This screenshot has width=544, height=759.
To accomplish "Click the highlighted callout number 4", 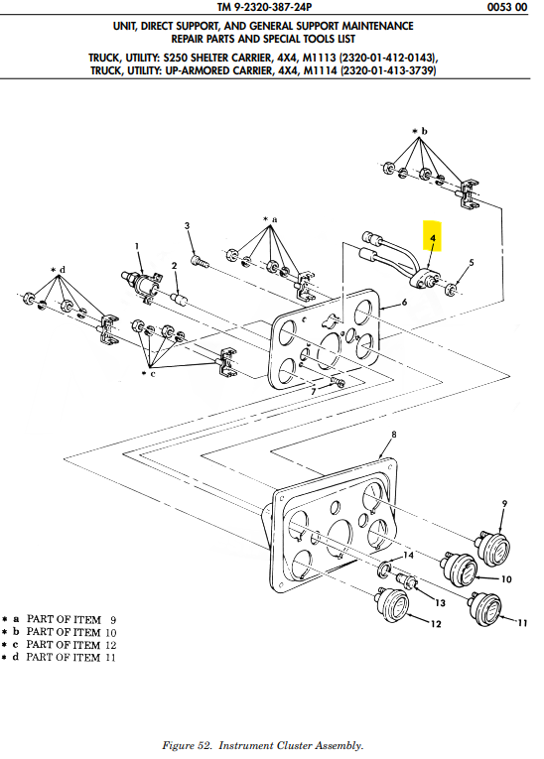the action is pyautogui.click(x=433, y=238).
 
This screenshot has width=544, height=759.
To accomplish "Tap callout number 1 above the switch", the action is pyautogui.click(x=137, y=246).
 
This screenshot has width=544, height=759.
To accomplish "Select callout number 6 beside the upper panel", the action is pyautogui.click(x=404, y=303).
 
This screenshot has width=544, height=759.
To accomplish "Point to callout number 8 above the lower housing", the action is pyautogui.click(x=394, y=435).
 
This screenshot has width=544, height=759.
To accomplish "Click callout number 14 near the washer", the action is pyautogui.click(x=408, y=555).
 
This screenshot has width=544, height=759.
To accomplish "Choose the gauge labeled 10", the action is pyautogui.click(x=460, y=569).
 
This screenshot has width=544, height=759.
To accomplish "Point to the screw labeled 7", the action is pyautogui.click(x=338, y=382).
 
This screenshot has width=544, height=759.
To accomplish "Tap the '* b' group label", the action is pyautogui.click(x=420, y=131).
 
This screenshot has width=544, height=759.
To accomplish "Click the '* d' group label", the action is pyautogui.click(x=59, y=270).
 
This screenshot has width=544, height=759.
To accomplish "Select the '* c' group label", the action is pyautogui.click(x=149, y=374).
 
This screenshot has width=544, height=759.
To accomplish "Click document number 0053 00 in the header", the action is pyautogui.click(x=507, y=7).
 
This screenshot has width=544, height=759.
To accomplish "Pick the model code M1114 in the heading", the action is pyautogui.click(x=320, y=70).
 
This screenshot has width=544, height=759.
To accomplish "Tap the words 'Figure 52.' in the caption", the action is pyautogui.click(x=187, y=745).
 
